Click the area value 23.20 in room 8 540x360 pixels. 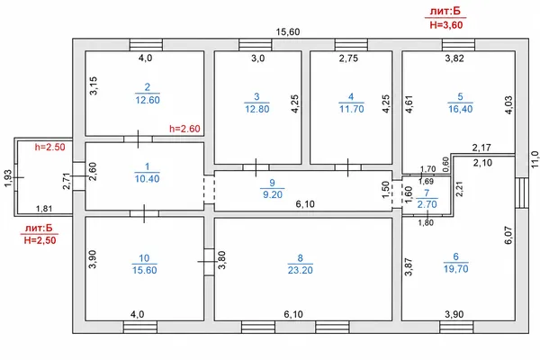coord(301,270)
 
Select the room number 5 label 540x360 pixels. coord(461,96)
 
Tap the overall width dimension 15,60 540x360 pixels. coord(288,32)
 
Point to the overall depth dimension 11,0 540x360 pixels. coord(535,159)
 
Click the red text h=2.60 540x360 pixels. coord(184,129)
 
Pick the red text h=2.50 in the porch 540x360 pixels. coord(49,147)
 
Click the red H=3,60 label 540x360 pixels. coord(446,25)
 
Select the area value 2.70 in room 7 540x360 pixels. coord(427,204)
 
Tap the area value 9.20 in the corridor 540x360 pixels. coord(273,194)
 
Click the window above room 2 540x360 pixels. coord(146,45)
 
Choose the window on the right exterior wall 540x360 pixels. coord(522,193)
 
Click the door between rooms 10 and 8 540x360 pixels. coord(209,262)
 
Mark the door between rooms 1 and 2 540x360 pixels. coord(138,139)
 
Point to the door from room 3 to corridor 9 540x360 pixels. coord(256,167)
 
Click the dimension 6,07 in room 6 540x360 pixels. coord(508,235)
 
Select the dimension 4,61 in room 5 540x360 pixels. coord(409,104)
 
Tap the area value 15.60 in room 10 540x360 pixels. coord(145,270)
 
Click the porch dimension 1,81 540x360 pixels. coord(44,209)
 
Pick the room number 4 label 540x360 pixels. coord(351,96)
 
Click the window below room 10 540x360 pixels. coord(140,327)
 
